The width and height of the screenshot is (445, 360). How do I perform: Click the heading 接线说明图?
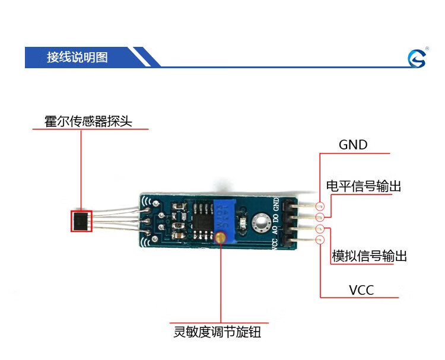(x=77, y=58)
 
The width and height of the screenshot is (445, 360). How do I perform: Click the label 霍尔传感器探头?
(x=88, y=122)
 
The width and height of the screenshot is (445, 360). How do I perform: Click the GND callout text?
(x=353, y=145)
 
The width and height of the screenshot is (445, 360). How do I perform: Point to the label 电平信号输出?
(x=364, y=186)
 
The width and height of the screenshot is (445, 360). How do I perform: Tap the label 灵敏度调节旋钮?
(x=217, y=332)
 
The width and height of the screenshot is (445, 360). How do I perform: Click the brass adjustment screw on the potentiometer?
(x=221, y=238)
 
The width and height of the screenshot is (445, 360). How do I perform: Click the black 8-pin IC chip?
(x=202, y=218)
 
